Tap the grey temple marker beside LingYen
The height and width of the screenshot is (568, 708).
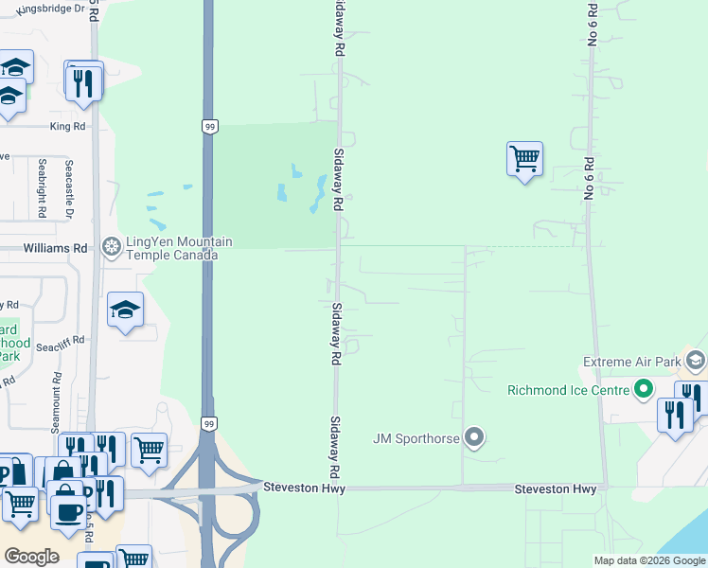click(112, 248)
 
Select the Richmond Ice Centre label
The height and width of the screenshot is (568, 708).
click(568, 390)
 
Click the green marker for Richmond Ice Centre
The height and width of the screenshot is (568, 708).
click(644, 389)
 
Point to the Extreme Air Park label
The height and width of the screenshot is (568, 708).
click(631, 362)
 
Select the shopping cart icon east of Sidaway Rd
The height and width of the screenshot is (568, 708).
click(524, 158)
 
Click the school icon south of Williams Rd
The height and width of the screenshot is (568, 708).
click(125, 311)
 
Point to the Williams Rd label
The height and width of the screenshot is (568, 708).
click(55, 248)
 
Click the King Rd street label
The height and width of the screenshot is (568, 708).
click(67, 125)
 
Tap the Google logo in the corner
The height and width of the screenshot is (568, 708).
click(31, 556)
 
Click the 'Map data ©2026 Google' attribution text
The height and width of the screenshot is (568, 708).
click(648, 560)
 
